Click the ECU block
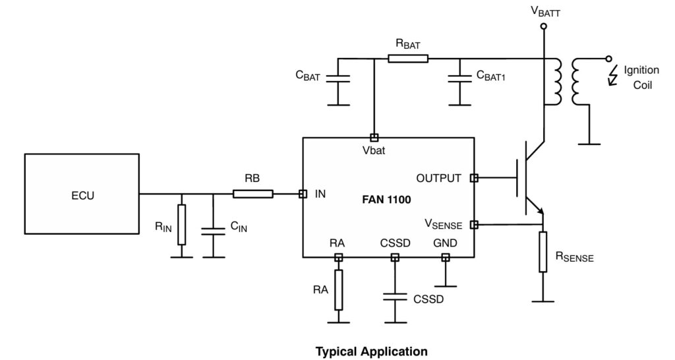(81, 194)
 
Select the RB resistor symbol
(252, 194)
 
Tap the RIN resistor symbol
(181, 225)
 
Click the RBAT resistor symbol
(408, 59)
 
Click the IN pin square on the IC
(303, 194)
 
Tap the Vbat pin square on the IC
(374, 138)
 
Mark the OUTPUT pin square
(474, 178)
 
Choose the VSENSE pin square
(474, 225)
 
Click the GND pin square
(446, 257)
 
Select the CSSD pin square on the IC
(395, 257)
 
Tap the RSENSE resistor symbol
(543, 251)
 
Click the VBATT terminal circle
(543, 26)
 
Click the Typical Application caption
(371, 351)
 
